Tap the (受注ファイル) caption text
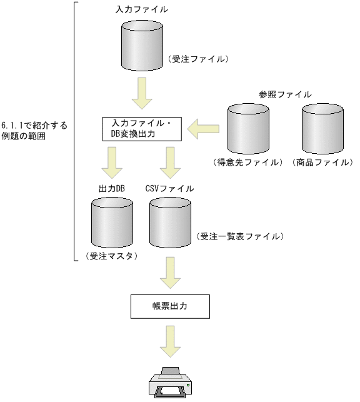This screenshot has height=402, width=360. coord(199,59)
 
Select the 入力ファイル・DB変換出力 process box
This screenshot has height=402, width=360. coord(141,129)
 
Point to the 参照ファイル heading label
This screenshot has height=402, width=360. coord(285,94)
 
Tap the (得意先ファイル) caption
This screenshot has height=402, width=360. coord(248,162)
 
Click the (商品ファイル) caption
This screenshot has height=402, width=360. coord(322,162)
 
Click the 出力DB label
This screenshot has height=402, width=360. coord(112,188)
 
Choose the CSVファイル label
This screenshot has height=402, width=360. coord(169,188)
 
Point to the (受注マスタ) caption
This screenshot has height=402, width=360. coord(112,256)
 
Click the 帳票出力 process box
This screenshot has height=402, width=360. coord(169,306)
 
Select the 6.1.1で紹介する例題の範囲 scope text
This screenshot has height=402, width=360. coord(34,131)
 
